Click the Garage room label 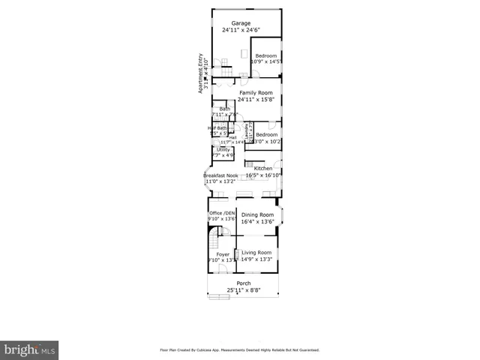[x=240, y=23]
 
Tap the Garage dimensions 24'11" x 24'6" [x=240, y=30]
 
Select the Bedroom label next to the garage [x=266, y=55]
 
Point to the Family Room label [x=254, y=93]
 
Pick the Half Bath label [x=217, y=127]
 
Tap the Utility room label [x=223, y=149]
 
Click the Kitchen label [x=262, y=169]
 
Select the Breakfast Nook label [x=220, y=175]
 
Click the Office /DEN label [x=222, y=213]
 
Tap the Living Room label [x=256, y=253]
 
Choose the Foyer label [x=223, y=254]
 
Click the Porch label [x=244, y=283]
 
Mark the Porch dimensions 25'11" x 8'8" [x=244, y=290]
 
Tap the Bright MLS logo [x=29, y=349]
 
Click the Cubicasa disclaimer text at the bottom [x=240, y=350]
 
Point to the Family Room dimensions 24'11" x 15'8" [x=254, y=100]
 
